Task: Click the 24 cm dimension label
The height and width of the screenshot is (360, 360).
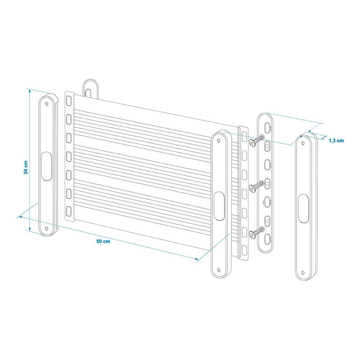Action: click(x=26, y=167)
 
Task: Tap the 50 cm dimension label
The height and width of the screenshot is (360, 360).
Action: click(x=103, y=241)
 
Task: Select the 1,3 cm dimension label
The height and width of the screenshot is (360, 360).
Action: click(x=336, y=140)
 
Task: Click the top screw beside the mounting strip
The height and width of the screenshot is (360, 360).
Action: click(x=256, y=140)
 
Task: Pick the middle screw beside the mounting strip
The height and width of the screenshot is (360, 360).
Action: click(x=256, y=186)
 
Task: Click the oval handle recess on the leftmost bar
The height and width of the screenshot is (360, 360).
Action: click(x=47, y=166)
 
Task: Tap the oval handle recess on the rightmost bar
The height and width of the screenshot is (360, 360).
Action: click(x=303, y=208)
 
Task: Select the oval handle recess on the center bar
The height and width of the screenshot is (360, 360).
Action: click(x=219, y=206)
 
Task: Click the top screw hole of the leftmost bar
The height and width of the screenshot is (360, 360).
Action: click(x=47, y=104)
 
